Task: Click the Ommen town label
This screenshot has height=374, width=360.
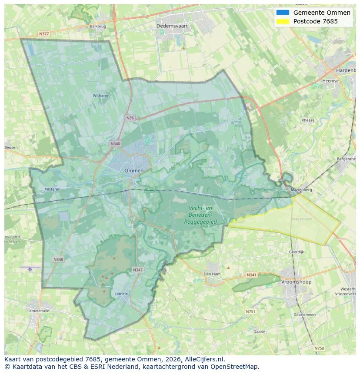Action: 133,171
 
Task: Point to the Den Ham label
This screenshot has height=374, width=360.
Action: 212,274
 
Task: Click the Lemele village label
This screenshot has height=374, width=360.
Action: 121,294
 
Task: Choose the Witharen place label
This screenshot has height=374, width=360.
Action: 101,96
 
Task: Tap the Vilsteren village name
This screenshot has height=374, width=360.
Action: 53,189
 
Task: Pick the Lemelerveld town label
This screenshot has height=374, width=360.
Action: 38,311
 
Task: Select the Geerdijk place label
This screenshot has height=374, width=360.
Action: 296,252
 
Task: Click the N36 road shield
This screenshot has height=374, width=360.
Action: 130,118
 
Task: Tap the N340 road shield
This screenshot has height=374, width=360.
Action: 115,144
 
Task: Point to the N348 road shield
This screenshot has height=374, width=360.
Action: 58,259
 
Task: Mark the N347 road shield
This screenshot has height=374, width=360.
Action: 137,270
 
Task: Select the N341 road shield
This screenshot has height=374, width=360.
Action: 251,275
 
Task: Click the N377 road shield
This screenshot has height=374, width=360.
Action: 43,33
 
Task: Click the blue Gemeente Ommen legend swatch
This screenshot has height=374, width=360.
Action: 282,13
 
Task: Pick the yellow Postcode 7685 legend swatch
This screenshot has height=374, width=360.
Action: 282,21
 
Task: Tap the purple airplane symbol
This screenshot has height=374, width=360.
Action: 30,268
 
